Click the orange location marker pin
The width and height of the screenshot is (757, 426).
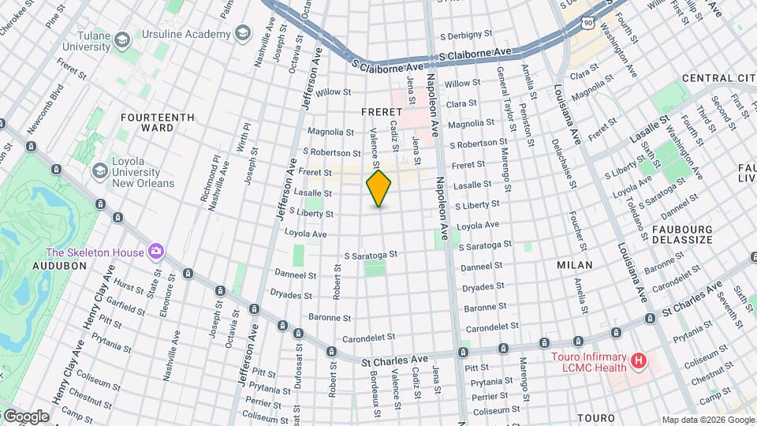point(379,188)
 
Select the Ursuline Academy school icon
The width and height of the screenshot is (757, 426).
point(243,33)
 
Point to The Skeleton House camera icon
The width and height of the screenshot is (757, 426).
point(156,252)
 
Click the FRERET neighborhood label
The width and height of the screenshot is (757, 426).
point(382,112)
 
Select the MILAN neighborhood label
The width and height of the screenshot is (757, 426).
point(574,265)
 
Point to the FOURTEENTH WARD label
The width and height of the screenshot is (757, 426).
point(158,122)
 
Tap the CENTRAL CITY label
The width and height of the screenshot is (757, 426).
point(718,78)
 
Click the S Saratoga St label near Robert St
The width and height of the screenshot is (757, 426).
point(371,256)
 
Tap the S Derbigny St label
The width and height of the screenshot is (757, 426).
point(465,35)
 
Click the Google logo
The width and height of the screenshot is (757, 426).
point(26,416)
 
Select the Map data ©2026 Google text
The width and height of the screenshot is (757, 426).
point(708,420)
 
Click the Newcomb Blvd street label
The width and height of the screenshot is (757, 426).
point(45,107)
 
